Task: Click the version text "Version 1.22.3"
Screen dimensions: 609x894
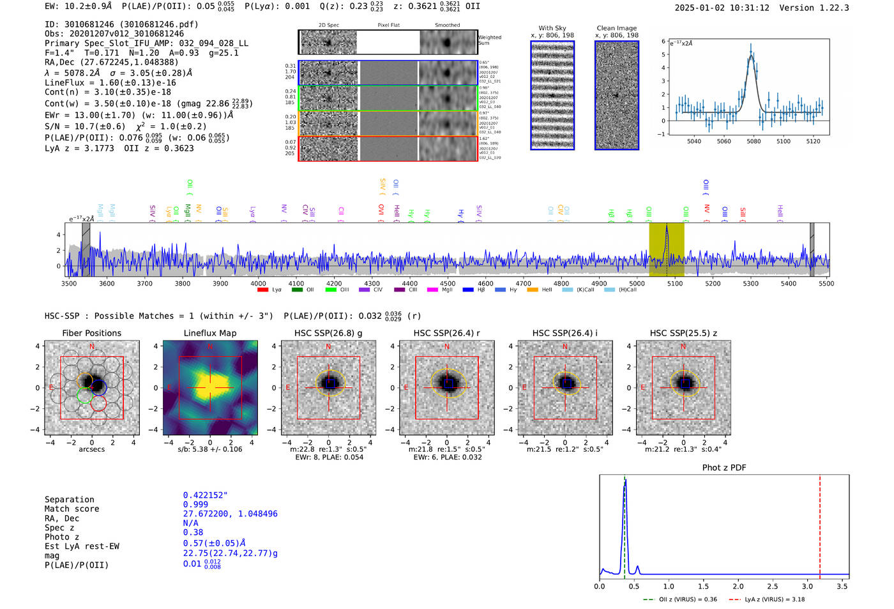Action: (814, 8)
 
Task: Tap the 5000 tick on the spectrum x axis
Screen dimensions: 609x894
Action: (637, 283)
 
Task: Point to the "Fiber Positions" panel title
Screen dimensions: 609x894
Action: (91, 333)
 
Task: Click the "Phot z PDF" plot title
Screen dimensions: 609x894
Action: (724, 468)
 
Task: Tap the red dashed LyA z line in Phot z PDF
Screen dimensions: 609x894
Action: (820, 524)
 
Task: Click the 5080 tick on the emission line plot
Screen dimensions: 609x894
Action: (754, 141)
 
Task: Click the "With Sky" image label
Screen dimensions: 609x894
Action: (552, 28)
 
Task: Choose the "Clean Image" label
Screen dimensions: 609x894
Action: (616, 28)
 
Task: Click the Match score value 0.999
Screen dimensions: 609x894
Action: (195, 505)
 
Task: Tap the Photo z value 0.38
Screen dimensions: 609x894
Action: (193, 532)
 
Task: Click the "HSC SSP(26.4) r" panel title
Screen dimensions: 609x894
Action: (446, 333)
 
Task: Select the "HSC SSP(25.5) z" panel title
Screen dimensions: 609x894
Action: (683, 333)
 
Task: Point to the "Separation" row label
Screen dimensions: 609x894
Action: (70, 500)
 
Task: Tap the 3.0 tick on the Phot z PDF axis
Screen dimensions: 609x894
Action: (807, 586)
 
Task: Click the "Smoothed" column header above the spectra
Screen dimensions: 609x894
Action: (447, 26)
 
